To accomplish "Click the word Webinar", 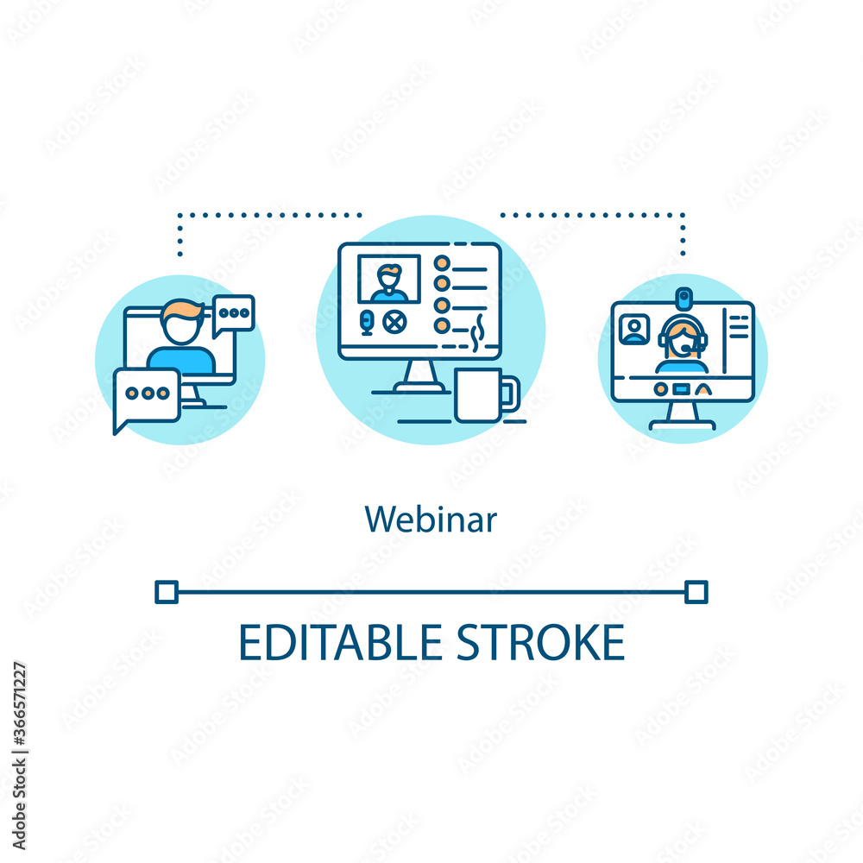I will pyautogui.click(x=431, y=520).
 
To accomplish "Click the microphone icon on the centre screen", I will pyautogui.click(x=366, y=323).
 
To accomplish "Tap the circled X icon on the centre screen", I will pyautogui.click(x=394, y=323).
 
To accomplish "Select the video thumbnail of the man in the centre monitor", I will pyautogui.click(x=389, y=280).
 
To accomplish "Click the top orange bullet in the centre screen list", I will pyautogui.click(x=442, y=262).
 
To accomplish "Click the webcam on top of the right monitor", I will pyautogui.click(x=683, y=299).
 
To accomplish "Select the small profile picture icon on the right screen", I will pyautogui.click(x=634, y=330).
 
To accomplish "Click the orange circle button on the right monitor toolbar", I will pyautogui.click(x=660, y=389).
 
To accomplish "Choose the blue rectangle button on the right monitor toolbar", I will pyautogui.click(x=682, y=389).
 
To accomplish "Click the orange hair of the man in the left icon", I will pyautogui.click(x=181, y=309).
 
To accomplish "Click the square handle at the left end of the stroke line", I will pyautogui.click(x=166, y=591).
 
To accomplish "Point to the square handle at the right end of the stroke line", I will pyautogui.click(x=696, y=591).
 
